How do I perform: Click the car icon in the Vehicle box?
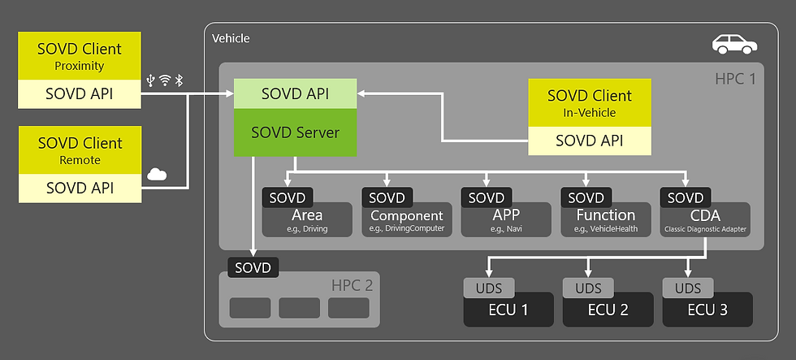point(733,45)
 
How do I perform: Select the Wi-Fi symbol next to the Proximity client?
point(165,80)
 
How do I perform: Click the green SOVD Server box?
point(296,132)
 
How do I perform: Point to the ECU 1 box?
point(508,310)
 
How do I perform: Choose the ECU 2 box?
point(608,310)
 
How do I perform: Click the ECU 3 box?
point(707,310)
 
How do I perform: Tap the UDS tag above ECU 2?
point(588,288)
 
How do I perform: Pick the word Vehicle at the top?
point(231,38)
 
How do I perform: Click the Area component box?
point(307,220)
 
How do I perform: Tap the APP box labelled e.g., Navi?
point(506,220)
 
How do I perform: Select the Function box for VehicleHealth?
point(606,220)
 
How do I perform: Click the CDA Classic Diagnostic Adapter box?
point(705,220)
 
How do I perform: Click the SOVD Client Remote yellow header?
point(80,150)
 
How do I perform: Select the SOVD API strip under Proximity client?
point(80,94)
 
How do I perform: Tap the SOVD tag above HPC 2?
point(253,267)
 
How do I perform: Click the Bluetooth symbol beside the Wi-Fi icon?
point(180,80)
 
